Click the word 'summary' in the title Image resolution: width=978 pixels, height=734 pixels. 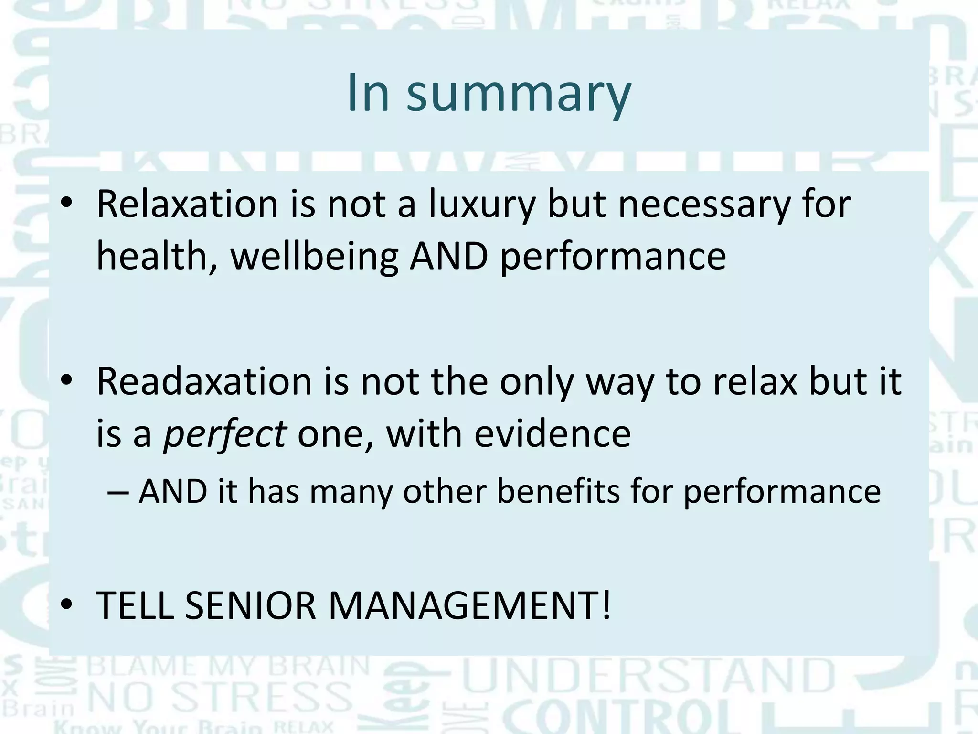pos(519,94)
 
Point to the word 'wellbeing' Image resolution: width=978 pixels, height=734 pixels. pos(314,257)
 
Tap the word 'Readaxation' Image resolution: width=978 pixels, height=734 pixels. pos(204,382)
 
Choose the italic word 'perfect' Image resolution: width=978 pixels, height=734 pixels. pos(224,434)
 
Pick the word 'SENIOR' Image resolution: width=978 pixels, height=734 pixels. pos(251,606)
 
